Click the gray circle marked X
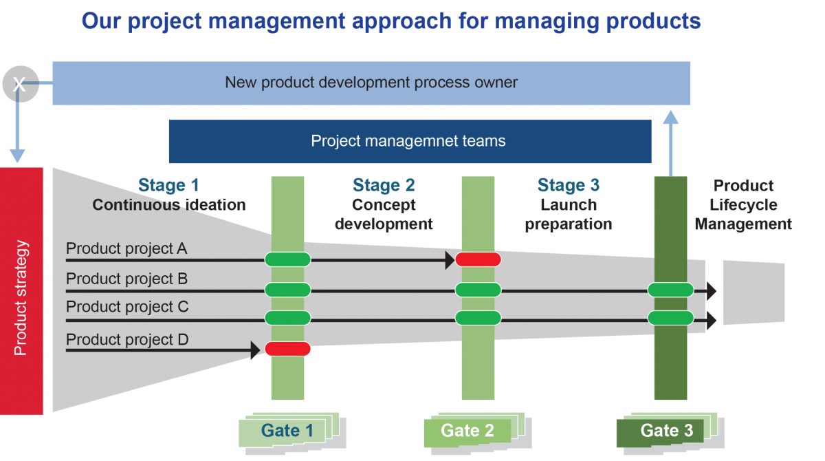click(20, 84)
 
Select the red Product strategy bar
click(21, 291)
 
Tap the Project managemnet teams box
click(410, 142)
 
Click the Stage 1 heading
click(168, 185)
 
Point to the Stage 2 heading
click(384, 185)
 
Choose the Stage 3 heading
click(569, 185)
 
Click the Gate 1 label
click(287, 431)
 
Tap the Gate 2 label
click(467, 431)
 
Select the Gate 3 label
click(666, 431)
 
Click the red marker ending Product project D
click(287, 349)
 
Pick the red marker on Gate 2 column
click(478, 259)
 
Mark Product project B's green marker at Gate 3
click(670, 290)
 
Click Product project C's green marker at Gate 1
click(287, 318)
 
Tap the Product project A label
click(126, 248)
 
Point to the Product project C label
click(127, 307)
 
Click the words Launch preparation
click(569, 215)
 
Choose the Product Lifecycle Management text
click(743, 205)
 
